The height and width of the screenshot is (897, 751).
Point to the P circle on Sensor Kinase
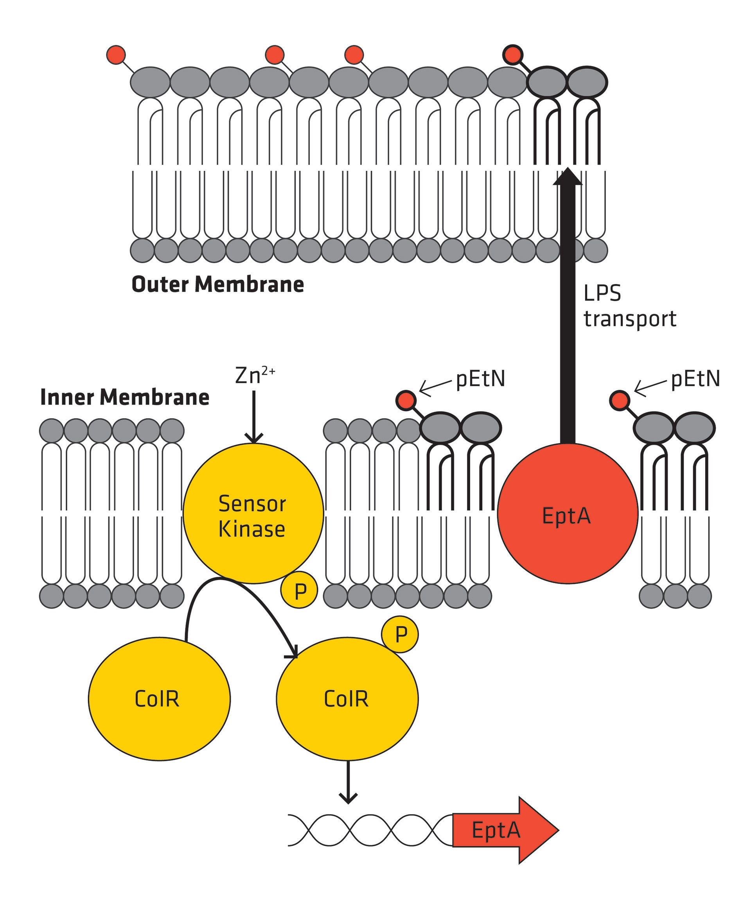(299, 590)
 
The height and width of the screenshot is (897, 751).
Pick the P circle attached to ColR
(400, 634)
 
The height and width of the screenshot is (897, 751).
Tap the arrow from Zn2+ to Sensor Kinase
(254, 417)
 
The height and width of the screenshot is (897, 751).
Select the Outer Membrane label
(217, 285)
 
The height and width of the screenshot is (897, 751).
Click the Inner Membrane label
(125, 397)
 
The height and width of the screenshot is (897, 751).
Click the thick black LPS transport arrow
(567, 308)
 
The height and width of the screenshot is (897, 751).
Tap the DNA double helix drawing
(370, 830)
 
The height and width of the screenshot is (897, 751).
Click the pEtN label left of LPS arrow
(480, 379)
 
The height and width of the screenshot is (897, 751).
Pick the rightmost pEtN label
(695, 379)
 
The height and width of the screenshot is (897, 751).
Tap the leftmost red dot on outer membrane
(116, 55)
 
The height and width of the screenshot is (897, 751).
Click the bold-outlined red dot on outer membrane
(512, 55)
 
